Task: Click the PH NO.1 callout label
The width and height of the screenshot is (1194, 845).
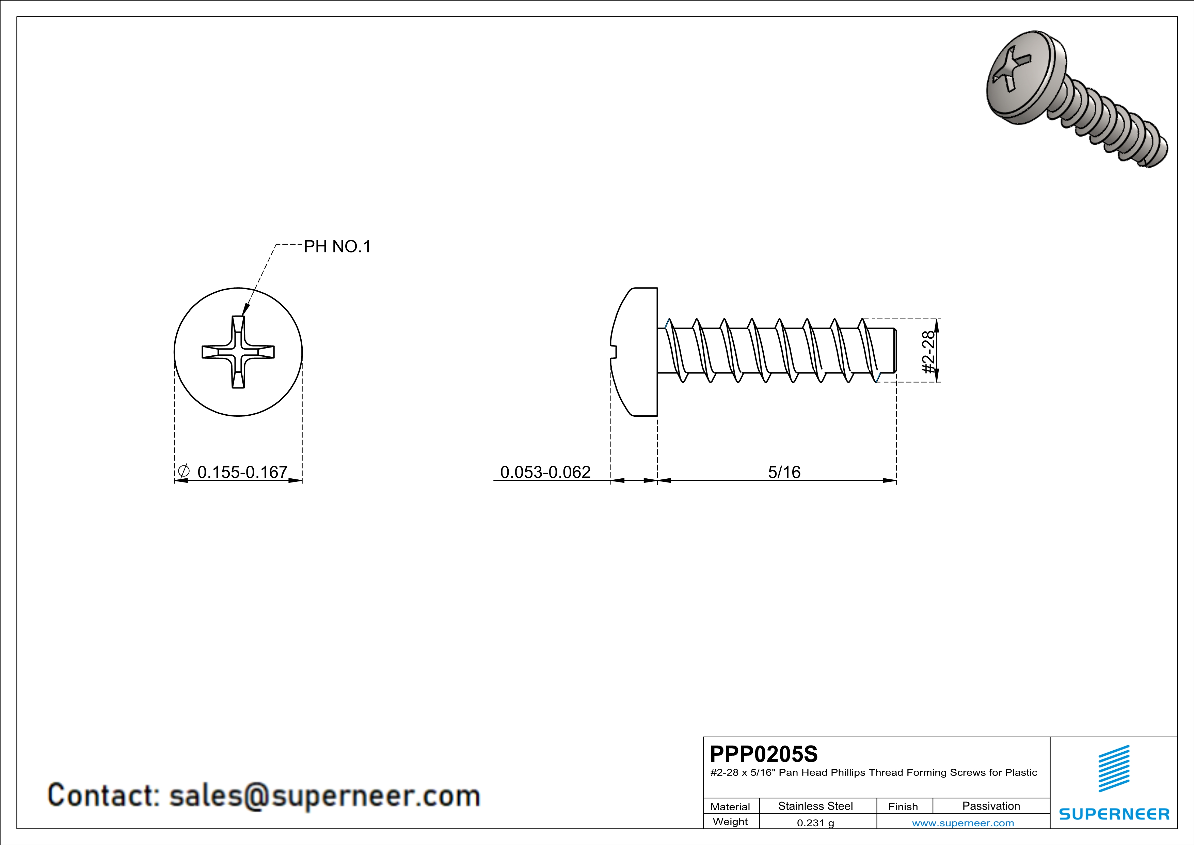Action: [337, 247]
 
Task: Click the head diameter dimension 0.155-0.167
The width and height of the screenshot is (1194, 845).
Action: [242, 472]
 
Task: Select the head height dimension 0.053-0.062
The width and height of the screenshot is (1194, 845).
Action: [545, 472]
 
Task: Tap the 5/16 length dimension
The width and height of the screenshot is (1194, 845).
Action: [784, 472]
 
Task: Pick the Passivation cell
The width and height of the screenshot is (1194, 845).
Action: [991, 806]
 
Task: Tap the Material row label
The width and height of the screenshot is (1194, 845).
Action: [730, 806]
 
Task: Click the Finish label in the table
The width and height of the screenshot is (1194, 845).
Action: [903, 806]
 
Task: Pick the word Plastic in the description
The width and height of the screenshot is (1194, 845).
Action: [1021, 773]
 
